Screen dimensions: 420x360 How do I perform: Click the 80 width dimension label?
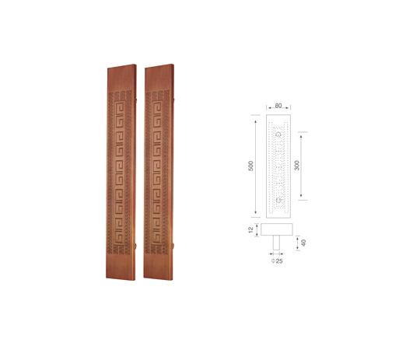[x=278, y=106]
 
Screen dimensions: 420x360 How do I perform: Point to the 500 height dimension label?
[x=250, y=166]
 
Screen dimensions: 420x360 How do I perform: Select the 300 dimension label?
[x=296, y=166]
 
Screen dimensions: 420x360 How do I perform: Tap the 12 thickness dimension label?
[x=250, y=230]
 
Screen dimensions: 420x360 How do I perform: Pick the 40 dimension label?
[x=303, y=243]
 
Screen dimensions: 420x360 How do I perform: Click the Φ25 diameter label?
[x=277, y=261]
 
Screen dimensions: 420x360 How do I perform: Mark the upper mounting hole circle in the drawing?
[x=278, y=134]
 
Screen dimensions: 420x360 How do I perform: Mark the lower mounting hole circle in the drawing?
[x=278, y=200]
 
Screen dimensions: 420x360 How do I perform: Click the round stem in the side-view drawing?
[x=276, y=243]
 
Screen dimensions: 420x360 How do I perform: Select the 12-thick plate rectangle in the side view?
[x=277, y=229]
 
